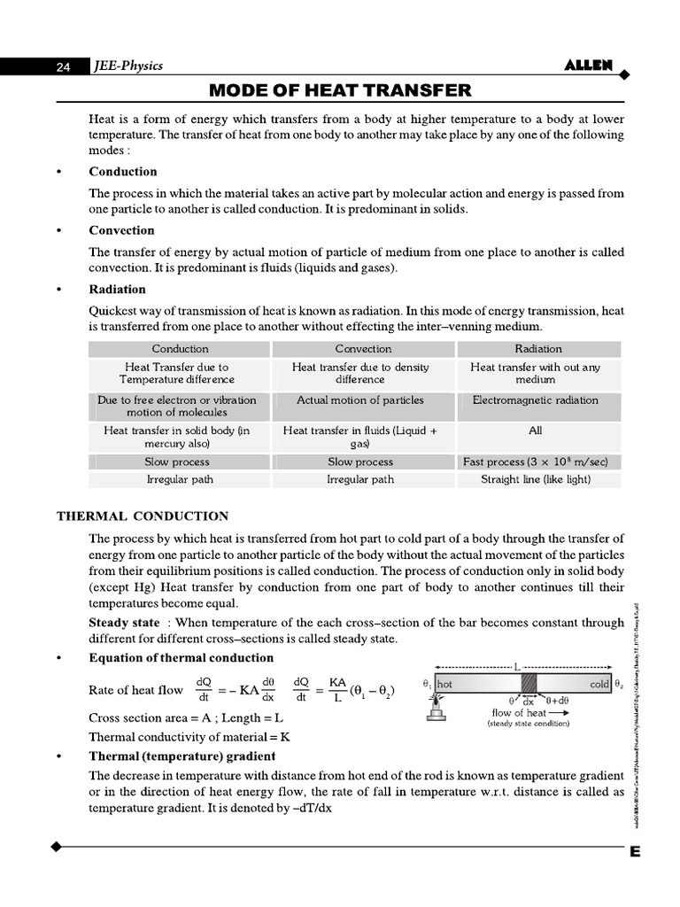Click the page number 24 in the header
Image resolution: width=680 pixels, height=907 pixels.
point(63,66)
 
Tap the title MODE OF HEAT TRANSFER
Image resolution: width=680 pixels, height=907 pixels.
point(340,90)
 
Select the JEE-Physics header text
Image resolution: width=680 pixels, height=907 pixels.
point(128,66)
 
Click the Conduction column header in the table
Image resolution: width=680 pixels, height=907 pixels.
point(180,349)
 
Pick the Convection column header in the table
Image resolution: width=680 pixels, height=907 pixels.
point(363,349)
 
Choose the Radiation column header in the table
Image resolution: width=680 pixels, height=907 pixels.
point(537,349)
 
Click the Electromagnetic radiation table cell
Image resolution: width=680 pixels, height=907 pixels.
point(535,400)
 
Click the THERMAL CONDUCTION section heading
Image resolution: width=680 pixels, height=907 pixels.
point(143,516)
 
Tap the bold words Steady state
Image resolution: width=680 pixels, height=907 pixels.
point(124,623)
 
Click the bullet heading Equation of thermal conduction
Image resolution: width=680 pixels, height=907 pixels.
point(181,658)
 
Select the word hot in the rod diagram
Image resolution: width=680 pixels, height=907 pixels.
point(444,685)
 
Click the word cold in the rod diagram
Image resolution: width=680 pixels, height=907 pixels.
point(599,685)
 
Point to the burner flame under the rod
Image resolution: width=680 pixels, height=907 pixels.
point(435,702)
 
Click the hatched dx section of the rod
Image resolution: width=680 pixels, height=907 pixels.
point(529,685)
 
